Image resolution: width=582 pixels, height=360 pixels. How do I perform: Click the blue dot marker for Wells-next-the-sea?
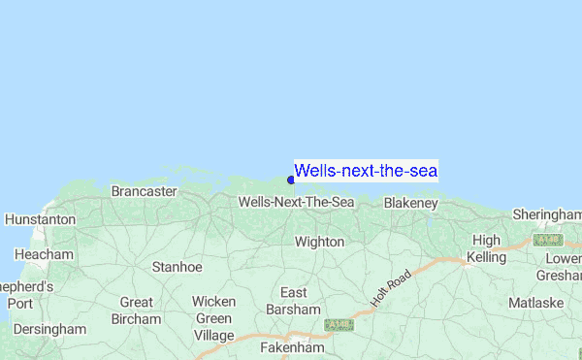pyautogui.click(x=291, y=179)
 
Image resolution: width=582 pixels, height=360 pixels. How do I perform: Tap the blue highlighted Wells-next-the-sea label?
pyautogui.click(x=366, y=171)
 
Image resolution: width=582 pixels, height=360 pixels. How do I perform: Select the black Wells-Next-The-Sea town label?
pyautogui.click(x=296, y=202)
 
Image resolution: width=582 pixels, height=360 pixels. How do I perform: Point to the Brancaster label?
pyautogui.click(x=144, y=191)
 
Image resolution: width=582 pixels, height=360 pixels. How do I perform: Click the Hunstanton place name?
pyautogui.click(x=40, y=220)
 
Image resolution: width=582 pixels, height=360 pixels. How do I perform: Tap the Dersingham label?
pyautogui.click(x=49, y=329)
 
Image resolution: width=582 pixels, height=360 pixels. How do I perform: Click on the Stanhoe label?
pyautogui.click(x=177, y=266)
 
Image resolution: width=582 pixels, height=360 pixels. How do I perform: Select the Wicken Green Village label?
pyautogui.click(x=213, y=318)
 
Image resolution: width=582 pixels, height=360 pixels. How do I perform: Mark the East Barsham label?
pyautogui.click(x=293, y=301)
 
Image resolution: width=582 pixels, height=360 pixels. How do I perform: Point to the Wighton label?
pyautogui.click(x=319, y=242)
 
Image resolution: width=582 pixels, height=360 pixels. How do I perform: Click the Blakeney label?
pyautogui.click(x=410, y=203)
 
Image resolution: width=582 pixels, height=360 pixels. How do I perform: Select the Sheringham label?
pyautogui.click(x=546, y=213)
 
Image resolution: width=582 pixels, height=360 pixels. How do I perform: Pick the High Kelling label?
pyautogui.click(x=486, y=248)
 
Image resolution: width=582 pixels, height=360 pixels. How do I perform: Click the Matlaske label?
pyautogui.click(x=535, y=303)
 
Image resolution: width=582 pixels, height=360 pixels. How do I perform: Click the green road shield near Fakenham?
pyautogui.click(x=339, y=325)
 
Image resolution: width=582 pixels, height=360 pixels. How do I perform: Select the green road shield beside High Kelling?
pyautogui.click(x=548, y=240)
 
